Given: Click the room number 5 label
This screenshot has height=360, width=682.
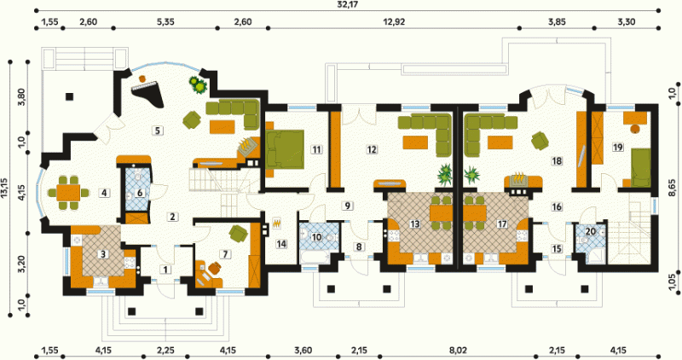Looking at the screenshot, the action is click(x=158, y=130).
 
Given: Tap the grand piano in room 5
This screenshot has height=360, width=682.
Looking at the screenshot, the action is click(x=147, y=96).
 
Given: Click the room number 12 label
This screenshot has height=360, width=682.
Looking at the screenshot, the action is click(x=372, y=149).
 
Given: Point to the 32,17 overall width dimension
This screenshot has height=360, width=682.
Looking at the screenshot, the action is click(x=344, y=5).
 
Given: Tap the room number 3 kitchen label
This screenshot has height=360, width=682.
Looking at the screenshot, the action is click(x=103, y=253).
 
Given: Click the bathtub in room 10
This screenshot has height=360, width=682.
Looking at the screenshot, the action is click(x=315, y=258).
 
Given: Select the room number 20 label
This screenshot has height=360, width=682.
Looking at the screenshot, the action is click(x=590, y=231).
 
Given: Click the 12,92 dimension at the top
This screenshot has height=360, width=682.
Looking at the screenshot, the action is click(x=394, y=22).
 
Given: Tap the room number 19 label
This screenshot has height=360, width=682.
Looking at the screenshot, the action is click(x=617, y=147).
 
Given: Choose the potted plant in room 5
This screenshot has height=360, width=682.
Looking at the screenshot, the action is click(x=199, y=84).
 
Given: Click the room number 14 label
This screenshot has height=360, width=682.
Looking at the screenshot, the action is click(x=281, y=244).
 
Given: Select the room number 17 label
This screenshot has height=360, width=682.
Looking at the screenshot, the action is click(x=502, y=224).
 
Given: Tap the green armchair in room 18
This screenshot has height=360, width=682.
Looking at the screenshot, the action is click(x=540, y=141).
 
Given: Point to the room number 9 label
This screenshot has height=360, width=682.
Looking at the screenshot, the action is click(x=347, y=205).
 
